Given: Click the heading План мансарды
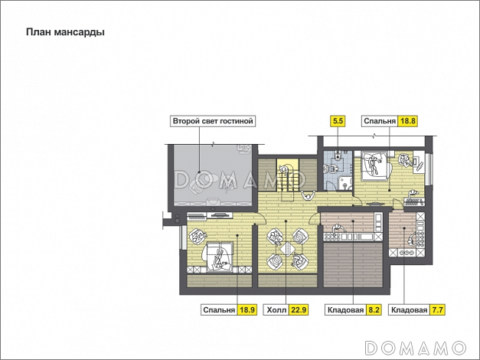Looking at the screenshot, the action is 65,32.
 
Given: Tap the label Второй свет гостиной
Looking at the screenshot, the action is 213,121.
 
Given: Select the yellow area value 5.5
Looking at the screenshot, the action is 338,121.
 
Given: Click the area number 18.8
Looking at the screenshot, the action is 408,121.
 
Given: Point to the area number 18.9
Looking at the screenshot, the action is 247,309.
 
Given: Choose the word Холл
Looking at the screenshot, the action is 276,310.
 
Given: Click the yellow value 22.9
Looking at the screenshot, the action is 299,309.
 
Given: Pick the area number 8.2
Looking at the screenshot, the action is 374,309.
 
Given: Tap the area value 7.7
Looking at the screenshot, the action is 437,309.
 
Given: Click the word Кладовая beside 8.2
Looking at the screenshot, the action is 345,310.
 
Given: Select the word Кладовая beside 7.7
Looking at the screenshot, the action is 410,310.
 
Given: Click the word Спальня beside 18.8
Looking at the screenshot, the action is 380,121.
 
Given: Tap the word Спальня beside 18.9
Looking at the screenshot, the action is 219,310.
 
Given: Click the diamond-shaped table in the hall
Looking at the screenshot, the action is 288,248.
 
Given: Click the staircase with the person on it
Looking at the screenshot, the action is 288,175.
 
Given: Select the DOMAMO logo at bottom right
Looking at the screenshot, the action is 416,348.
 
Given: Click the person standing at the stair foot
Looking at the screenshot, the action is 309,195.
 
